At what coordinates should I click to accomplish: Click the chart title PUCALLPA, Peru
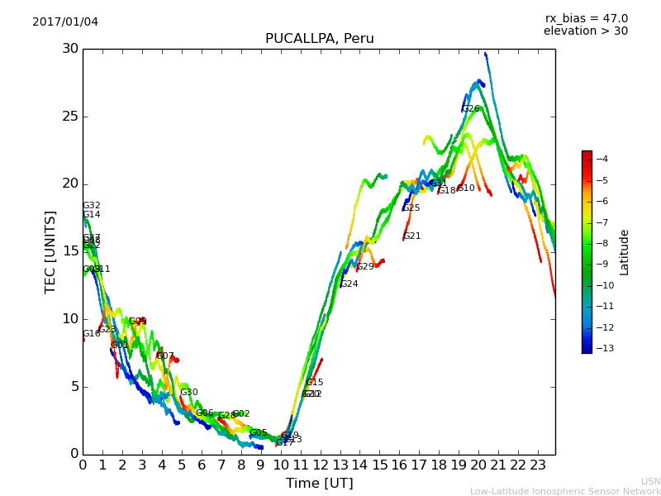(x=319, y=39)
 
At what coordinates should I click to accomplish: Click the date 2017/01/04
(x=65, y=21)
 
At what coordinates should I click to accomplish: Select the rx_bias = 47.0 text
(x=586, y=18)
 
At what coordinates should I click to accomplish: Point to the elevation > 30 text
(x=585, y=31)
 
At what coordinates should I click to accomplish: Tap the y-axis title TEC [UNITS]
(x=51, y=251)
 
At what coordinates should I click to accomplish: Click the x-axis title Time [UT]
(x=319, y=483)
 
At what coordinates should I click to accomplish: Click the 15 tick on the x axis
(x=379, y=465)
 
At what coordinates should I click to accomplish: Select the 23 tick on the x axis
(x=538, y=465)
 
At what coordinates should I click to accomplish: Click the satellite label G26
(x=470, y=109)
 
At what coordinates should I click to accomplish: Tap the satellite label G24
(x=350, y=284)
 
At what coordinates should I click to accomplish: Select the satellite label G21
(x=411, y=236)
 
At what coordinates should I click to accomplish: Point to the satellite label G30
(x=189, y=393)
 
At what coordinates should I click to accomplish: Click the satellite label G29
(x=365, y=267)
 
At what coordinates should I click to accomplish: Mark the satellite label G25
(x=411, y=208)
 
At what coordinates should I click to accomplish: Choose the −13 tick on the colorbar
(x=607, y=348)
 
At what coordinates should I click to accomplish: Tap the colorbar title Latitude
(x=625, y=252)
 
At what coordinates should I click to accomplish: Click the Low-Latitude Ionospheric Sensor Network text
(x=565, y=491)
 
